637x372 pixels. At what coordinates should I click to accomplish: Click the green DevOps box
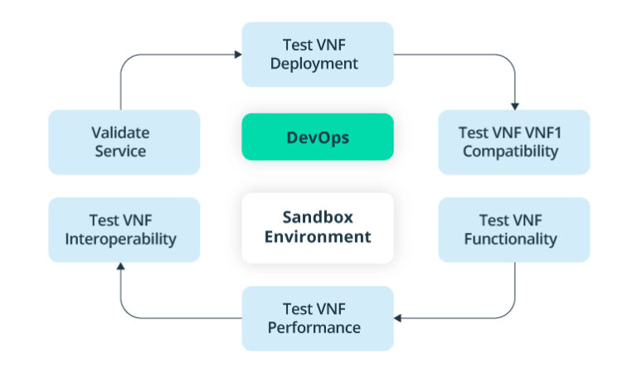[x=317, y=137]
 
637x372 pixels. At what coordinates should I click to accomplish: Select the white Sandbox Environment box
[x=317, y=228]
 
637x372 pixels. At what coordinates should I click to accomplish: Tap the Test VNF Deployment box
[x=317, y=54]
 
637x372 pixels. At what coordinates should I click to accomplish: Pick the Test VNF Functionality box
[x=513, y=229]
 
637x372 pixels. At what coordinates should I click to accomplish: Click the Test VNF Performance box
[x=317, y=318]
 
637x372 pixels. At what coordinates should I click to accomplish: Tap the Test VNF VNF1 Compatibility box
[x=513, y=142]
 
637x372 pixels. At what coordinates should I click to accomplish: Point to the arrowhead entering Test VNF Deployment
[x=238, y=55]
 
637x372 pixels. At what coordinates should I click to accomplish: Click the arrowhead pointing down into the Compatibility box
[x=515, y=106]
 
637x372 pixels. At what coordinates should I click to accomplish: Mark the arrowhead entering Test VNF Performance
[x=398, y=318]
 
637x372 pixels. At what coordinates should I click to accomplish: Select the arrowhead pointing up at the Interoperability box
[x=121, y=267]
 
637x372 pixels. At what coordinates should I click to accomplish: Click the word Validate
[x=120, y=132]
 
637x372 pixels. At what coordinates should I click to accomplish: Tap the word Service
[x=120, y=152]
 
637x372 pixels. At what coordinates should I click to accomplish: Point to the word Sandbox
[x=317, y=218]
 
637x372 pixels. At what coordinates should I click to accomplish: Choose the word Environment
[x=317, y=238]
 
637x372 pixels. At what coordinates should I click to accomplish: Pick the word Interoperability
[x=121, y=239]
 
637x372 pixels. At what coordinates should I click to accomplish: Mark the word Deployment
[x=317, y=64]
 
